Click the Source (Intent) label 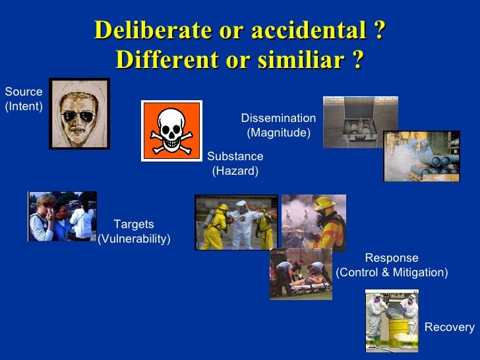coord(23,99)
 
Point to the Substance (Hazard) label coord(235,164)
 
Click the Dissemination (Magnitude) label coord(278,125)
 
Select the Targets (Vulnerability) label coord(134,231)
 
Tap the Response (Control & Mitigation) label coord(392,265)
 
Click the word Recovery coord(449,327)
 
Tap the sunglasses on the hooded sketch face coord(78,117)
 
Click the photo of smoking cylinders coord(421,156)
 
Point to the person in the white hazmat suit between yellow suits coord(241,224)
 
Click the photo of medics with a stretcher coord(300,273)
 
